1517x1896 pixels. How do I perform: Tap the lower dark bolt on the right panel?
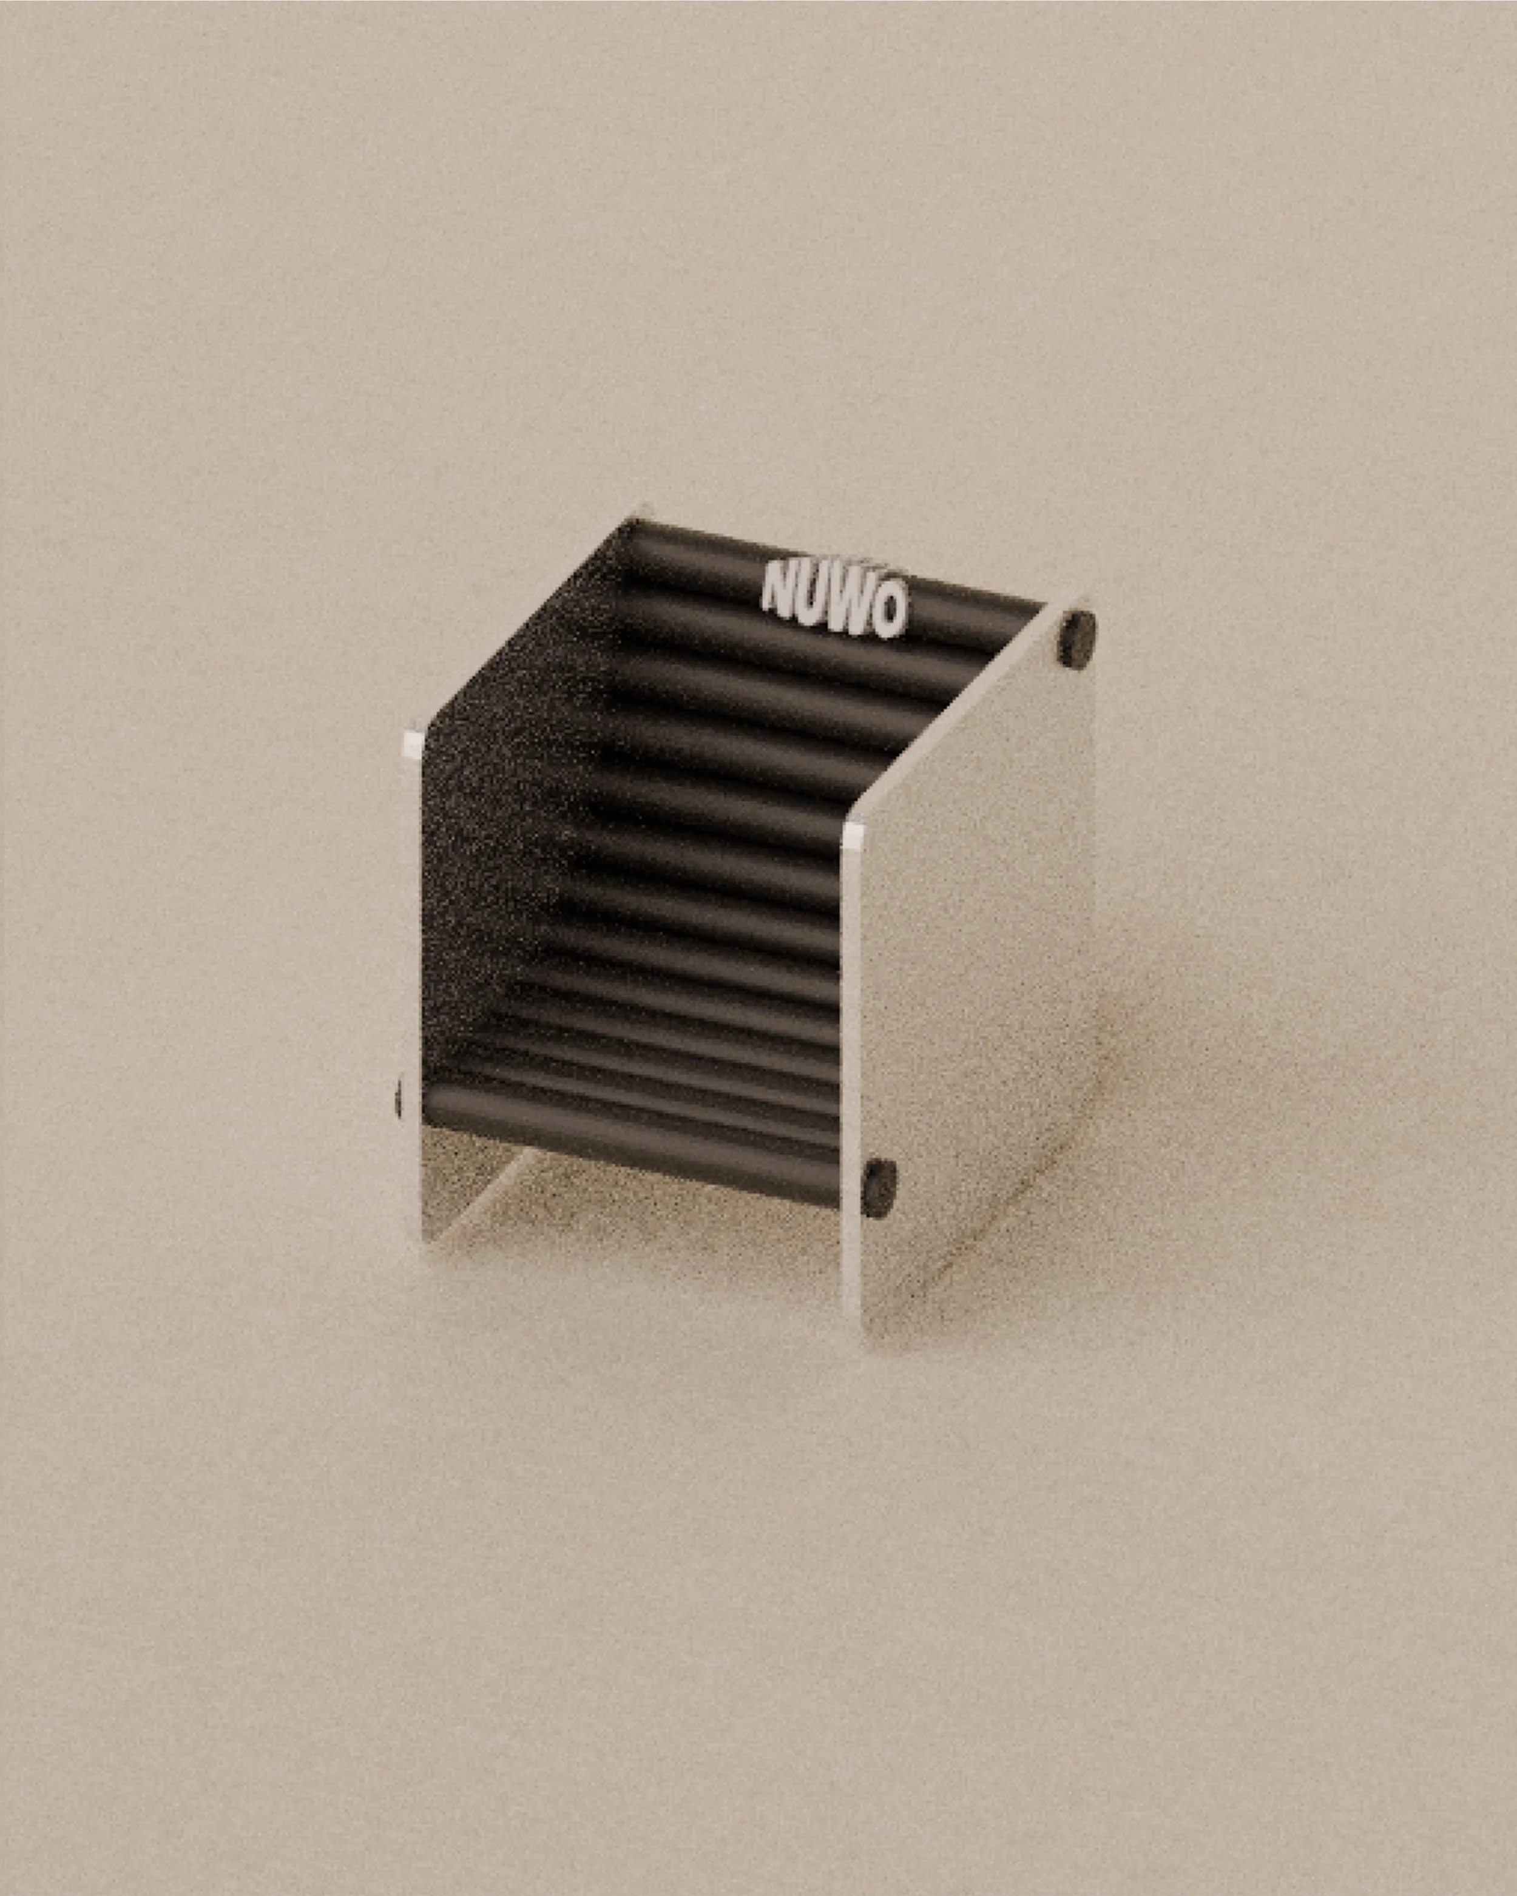[x=879, y=1187]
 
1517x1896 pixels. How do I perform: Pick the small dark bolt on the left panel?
[x=399, y=1099]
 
